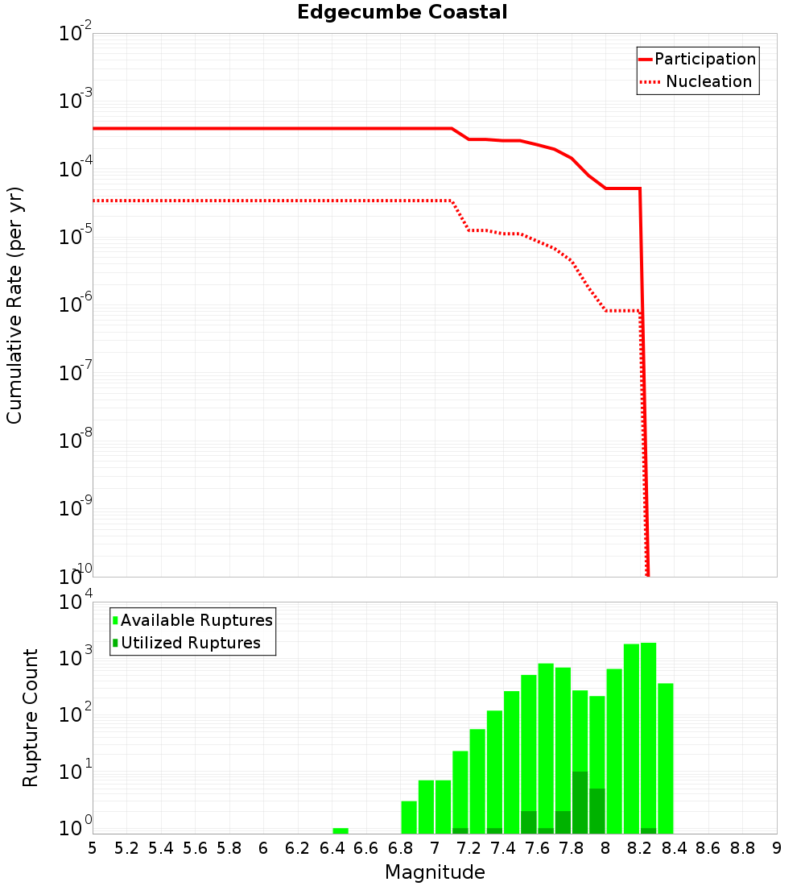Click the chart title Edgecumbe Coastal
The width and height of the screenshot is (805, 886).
(x=402, y=12)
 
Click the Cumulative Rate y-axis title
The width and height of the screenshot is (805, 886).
(x=14, y=305)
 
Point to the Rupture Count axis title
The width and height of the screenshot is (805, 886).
(x=31, y=718)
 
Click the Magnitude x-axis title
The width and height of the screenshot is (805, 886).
(x=435, y=872)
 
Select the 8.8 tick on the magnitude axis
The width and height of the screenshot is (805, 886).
(x=742, y=848)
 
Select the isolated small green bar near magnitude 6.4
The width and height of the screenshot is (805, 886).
(x=341, y=830)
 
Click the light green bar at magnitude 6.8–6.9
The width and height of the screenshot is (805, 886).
(x=409, y=817)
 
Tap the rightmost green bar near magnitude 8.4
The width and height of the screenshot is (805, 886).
(x=666, y=757)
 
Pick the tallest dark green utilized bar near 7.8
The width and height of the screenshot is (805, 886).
(x=580, y=802)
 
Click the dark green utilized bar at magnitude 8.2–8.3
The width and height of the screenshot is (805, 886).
(x=648, y=830)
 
